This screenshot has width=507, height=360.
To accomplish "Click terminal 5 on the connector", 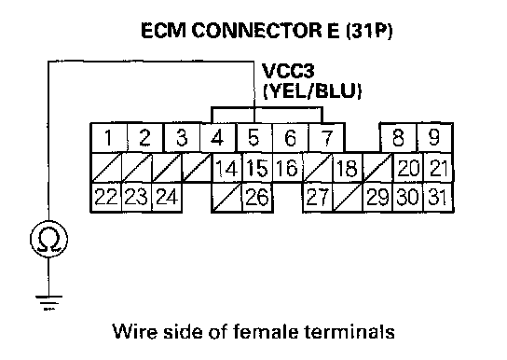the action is pyautogui.click(x=254, y=137).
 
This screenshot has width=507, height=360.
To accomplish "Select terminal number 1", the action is pyautogui.click(x=109, y=137).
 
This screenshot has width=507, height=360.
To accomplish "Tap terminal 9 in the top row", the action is pyautogui.click(x=434, y=137).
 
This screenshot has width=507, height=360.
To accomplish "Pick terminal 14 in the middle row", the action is pyautogui.click(x=227, y=168).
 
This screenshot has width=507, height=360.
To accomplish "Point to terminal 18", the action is pyautogui.click(x=348, y=168).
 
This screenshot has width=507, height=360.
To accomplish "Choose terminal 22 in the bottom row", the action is pyautogui.click(x=106, y=197).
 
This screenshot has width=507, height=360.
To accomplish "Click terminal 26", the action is pyautogui.click(x=257, y=197).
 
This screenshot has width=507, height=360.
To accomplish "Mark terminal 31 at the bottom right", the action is pyautogui.click(x=438, y=197).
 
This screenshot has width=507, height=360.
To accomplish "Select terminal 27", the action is pyautogui.click(x=318, y=197).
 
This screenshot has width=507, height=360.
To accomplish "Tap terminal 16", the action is pyautogui.click(x=287, y=168).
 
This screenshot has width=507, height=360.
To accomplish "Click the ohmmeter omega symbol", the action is pyautogui.click(x=49, y=239).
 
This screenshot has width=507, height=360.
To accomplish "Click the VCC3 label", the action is pyautogui.click(x=288, y=71).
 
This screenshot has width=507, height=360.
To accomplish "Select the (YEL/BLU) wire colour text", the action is pyautogui.click(x=312, y=91).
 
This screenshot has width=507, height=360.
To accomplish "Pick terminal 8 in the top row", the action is pyautogui.click(x=399, y=137).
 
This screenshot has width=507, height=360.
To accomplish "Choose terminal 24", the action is pyautogui.click(x=167, y=197).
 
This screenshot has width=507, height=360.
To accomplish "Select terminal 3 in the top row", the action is pyautogui.click(x=182, y=137).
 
